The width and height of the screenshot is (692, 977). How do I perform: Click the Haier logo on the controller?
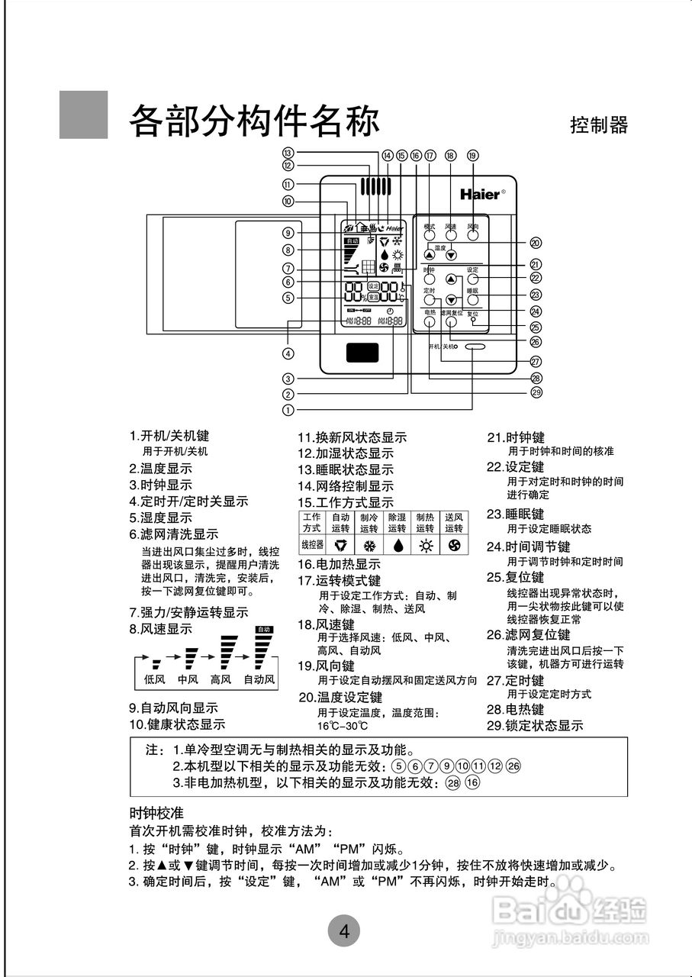481,194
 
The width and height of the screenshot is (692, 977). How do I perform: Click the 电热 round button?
430,321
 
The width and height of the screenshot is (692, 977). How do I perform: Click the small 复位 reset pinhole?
474,321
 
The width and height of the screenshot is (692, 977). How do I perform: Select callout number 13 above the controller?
288,152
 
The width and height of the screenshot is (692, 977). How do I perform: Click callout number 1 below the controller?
288,409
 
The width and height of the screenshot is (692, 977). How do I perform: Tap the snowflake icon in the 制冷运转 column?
370,547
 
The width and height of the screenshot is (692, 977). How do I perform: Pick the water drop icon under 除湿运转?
397,547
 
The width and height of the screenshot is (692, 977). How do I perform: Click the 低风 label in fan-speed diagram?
156,679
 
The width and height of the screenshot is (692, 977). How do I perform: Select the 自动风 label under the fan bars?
259,679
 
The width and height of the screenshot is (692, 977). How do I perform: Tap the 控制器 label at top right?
599,125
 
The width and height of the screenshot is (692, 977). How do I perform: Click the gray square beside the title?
83,114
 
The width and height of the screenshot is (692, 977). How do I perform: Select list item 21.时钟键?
517,437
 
